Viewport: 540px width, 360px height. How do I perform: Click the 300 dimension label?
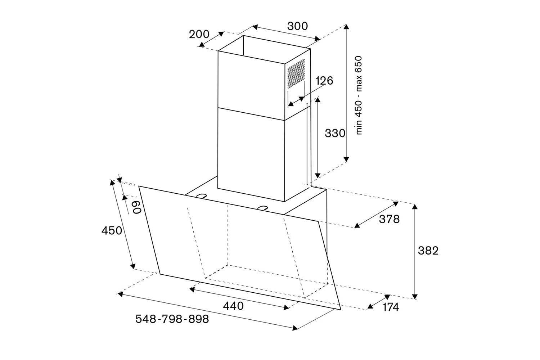pyautogui.click(x=297, y=26)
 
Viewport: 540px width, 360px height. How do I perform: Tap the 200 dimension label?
pyautogui.click(x=199, y=34)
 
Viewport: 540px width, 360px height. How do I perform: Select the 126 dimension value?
pyautogui.click(x=324, y=81)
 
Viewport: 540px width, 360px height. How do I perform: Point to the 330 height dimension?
pyautogui.click(x=335, y=133)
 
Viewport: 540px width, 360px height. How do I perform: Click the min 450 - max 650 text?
pyautogui.click(x=359, y=95)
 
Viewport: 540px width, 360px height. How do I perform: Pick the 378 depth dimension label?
pyautogui.click(x=389, y=219)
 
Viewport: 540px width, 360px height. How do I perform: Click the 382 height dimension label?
pyautogui.click(x=428, y=251)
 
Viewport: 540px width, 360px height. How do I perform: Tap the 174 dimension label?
pyautogui.click(x=391, y=307)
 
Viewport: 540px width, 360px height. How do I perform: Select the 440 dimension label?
pyautogui.click(x=233, y=306)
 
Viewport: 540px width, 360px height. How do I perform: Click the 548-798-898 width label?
pyautogui.click(x=172, y=319)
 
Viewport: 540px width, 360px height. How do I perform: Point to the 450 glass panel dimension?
pyautogui.click(x=112, y=231)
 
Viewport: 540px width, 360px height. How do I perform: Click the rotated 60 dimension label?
pyautogui.click(x=136, y=207)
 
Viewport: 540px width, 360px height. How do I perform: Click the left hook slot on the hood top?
pyautogui.click(x=202, y=196)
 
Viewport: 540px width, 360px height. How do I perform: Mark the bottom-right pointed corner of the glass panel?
pyautogui.click(x=341, y=310)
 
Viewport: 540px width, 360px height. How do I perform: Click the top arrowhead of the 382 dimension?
pyautogui.click(x=415, y=207)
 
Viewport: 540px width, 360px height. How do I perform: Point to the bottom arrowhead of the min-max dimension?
pyautogui.click(x=346, y=159)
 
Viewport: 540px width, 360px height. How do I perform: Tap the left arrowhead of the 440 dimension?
pyautogui.click(x=192, y=289)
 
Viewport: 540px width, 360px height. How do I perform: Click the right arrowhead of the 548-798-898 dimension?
pyautogui.click(x=295, y=328)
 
